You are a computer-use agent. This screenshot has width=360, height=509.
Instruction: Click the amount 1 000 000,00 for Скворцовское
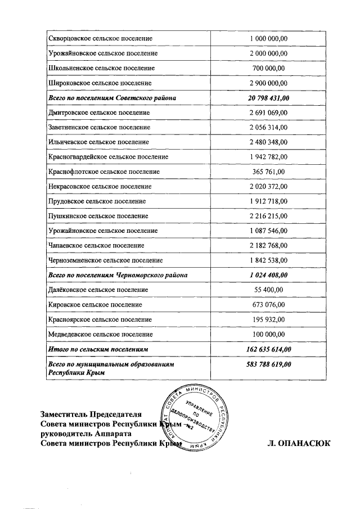pyautogui.click(x=269, y=38)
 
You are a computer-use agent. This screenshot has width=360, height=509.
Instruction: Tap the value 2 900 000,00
pyautogui.click(x=269, y=83)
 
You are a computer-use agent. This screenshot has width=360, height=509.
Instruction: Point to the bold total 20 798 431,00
pyautogui.click(x=269, y=98)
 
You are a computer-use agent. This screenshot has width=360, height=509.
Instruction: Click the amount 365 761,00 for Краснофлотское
pyautogui.click(x=269, y=172)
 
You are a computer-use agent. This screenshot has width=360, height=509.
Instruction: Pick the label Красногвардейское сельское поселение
pyautogui.click(x=109, y=157)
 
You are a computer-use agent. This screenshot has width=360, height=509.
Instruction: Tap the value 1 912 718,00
pyautogui.click(x=269, y=201)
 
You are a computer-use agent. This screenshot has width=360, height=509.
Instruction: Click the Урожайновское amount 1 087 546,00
pyautogui.click(x=269, y=231)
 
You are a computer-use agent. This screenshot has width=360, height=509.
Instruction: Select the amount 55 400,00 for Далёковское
pyautogui.click(x=269, y=290)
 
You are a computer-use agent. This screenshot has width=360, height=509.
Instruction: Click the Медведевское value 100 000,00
pyautogui.click(x=269, y=334)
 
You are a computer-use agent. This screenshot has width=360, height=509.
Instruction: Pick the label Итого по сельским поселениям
pyautogui.click(x=97, y=349)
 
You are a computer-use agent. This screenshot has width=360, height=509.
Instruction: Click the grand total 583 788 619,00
pyautogui.click(x=269, y=364)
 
